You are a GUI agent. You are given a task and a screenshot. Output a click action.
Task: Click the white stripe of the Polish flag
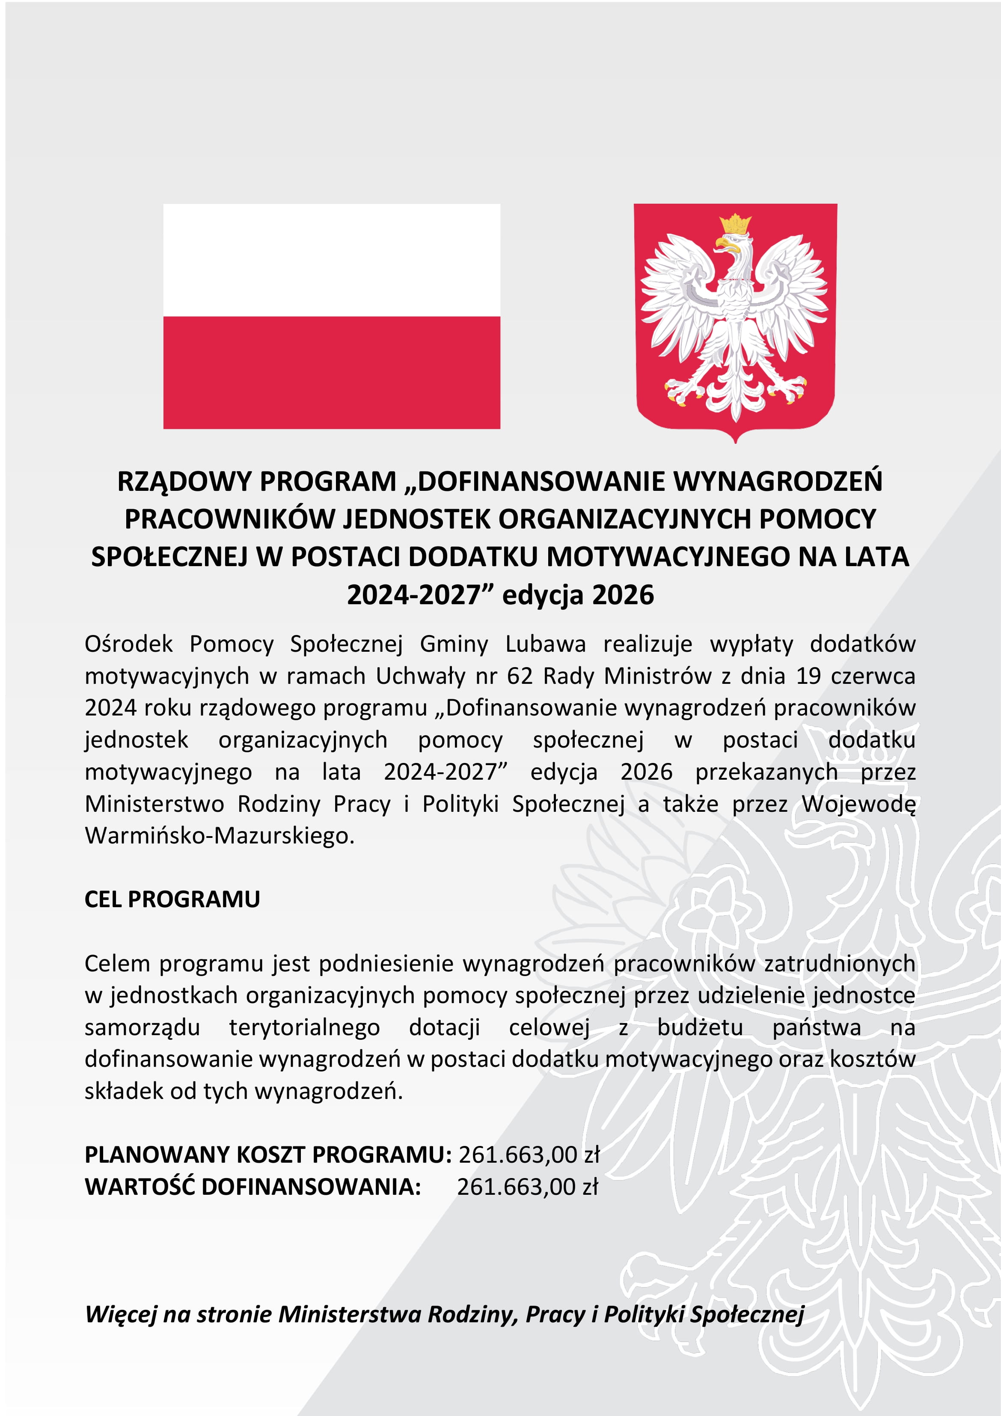coord(331,260)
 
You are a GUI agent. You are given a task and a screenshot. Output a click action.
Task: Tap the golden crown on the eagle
coord(735,223)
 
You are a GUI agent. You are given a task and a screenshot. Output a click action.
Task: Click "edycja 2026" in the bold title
coord(578,595)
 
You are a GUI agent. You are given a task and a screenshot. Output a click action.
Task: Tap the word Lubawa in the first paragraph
coord(545,644)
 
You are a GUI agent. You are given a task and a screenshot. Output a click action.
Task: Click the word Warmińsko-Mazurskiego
coord(219,836)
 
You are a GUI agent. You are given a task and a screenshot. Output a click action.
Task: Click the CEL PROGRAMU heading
coord(172,899)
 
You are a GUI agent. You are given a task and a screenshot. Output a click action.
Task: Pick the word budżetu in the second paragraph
coord(700,1027)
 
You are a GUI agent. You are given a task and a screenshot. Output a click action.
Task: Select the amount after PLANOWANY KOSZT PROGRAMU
coord(529,1155)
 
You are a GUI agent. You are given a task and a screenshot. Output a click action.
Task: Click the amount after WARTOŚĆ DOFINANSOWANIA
coord(527,1187)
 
